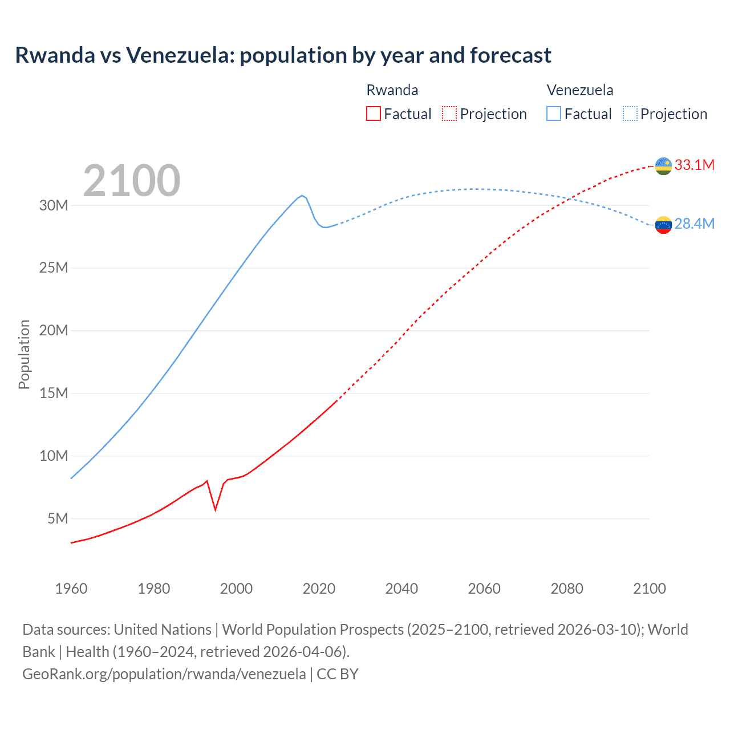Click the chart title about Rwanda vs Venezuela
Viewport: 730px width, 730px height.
point(283,55)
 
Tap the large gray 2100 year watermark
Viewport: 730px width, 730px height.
point(132,181)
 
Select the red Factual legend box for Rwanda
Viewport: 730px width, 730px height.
point(373,113)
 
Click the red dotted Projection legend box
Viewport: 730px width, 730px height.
point(449,113)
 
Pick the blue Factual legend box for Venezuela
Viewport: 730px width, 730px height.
point(553,113)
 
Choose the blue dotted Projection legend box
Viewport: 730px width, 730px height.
point(630,113)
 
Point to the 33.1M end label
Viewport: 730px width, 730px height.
point(694,165)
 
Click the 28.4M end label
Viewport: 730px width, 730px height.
point(694,224)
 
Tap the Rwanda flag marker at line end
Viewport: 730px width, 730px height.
point(663,166)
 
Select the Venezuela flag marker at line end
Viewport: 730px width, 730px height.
point(663,225)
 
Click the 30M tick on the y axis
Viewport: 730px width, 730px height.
point(54,205)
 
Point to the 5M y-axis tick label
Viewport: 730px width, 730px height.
point(58,518)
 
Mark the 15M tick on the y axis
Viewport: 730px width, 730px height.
point(54,393)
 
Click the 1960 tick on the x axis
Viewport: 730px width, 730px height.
point(71,589)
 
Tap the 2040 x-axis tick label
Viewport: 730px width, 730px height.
point(401,589)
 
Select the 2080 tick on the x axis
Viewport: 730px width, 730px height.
point(567,589)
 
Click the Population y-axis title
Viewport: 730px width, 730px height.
point(24,354)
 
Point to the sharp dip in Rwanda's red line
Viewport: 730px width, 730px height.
point(215,509)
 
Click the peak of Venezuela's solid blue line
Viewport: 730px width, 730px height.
point(302,196)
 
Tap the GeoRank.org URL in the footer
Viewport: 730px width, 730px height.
point(164,674)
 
